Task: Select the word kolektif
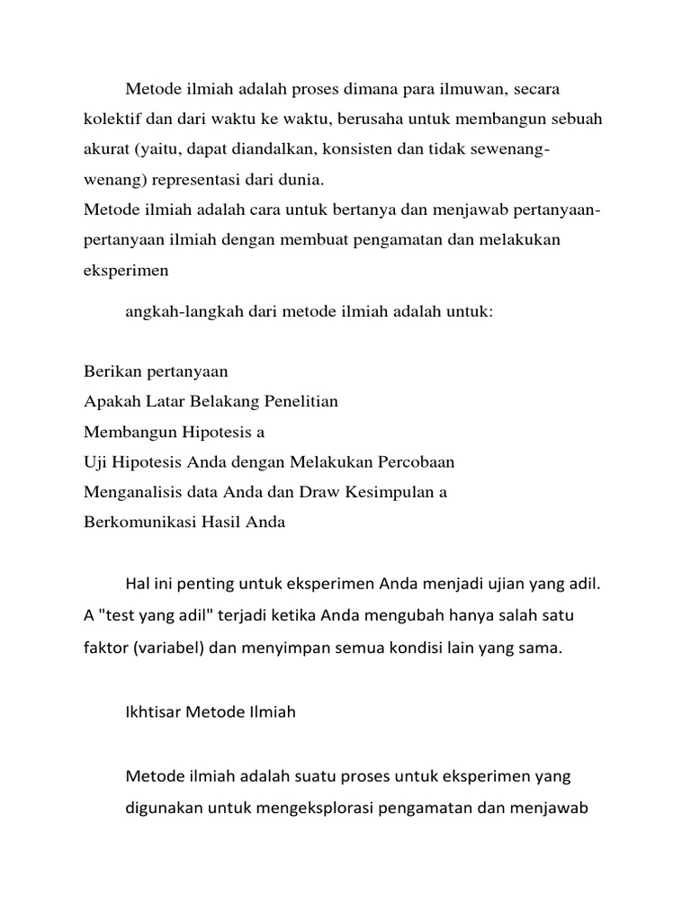click(x=112, y=119)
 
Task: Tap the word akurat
click(x=107, y=148)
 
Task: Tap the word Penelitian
click(x=296, y=401)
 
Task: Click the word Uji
click(x=94, y=462)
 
